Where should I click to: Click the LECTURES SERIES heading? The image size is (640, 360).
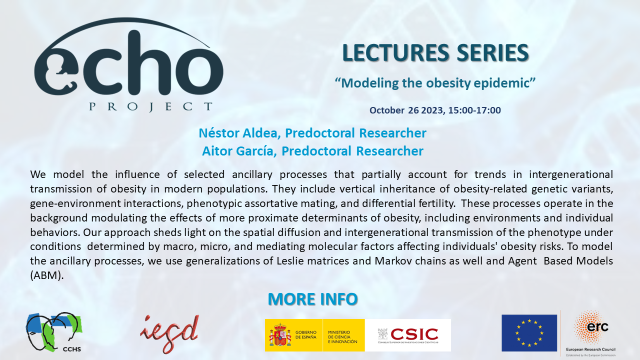click(435, 53)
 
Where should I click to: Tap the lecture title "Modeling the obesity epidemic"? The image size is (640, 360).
click(435, 83)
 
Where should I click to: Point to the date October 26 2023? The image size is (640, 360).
click(406, 110)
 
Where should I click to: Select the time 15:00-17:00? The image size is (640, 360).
click(474, 110)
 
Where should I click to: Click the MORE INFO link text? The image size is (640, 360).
click(312, 299)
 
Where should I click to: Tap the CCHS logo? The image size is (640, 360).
click(54, 332)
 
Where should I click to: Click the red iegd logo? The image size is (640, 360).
click(170, 333)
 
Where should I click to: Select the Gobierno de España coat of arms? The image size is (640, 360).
click(280, 335)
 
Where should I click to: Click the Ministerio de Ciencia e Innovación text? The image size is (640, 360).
click(342, 335)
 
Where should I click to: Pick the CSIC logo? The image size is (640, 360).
click(407, 334)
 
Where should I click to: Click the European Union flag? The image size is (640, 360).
click(529, 332)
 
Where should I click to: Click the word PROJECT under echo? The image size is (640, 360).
click(150, 106)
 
